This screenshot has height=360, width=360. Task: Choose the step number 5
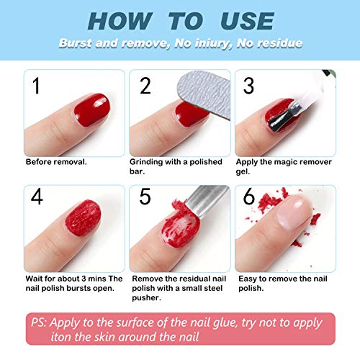pos(145,197)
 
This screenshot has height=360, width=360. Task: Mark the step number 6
pos(250,197)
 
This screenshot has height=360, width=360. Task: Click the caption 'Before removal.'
pos(56,162)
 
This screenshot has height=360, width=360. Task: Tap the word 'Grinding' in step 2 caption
pos(146,162)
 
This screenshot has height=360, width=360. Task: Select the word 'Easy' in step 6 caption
pos(246,277)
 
